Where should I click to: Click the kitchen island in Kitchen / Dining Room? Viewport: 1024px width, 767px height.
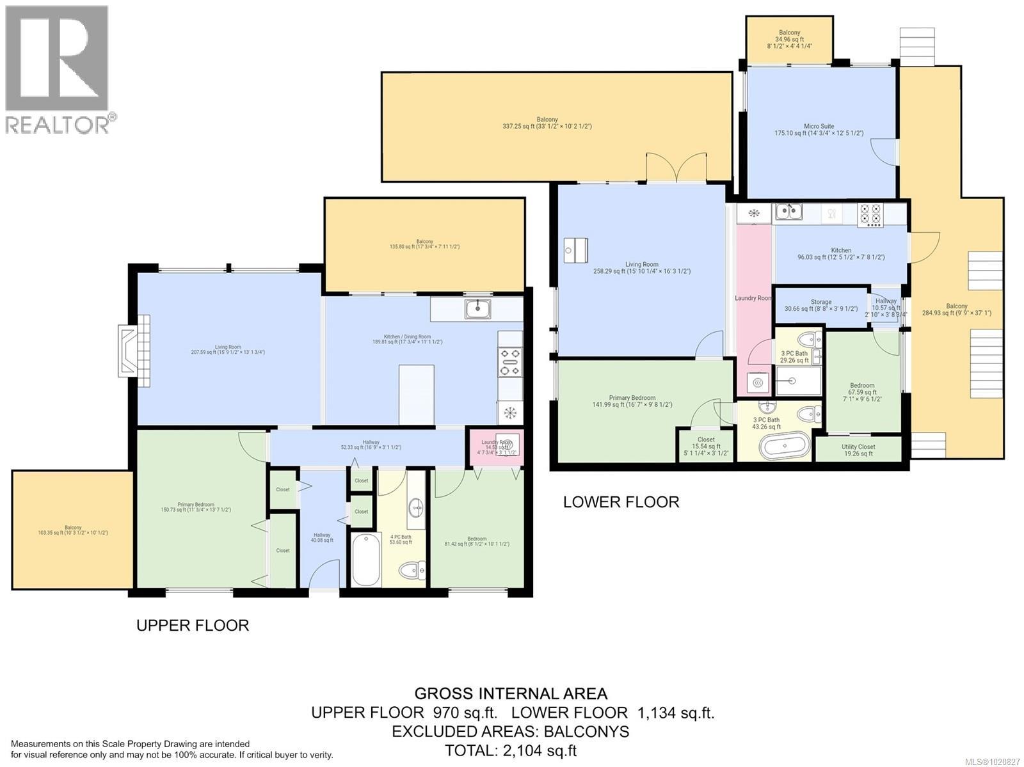point(416,393)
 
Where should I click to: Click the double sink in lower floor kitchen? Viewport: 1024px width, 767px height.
point(789,210)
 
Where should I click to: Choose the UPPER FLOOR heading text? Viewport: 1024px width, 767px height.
point(192,625)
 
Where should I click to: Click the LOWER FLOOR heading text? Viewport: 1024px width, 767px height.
point(621,502)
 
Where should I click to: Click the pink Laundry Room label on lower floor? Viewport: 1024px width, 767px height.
point(753,298)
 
